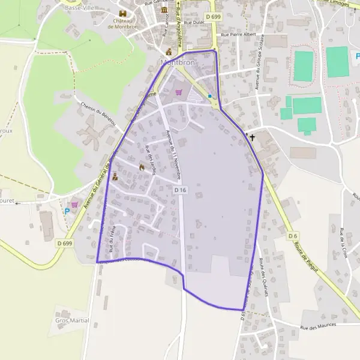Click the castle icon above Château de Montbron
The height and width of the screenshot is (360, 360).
123,14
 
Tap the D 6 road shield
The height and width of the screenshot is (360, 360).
292,236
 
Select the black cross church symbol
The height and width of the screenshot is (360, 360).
252,137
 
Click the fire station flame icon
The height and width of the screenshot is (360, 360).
142,167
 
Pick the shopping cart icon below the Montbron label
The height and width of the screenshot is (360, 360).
178,92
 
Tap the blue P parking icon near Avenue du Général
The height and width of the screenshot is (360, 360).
67,211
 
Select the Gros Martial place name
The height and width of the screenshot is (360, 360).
72,320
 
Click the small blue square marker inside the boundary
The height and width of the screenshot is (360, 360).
209,96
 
